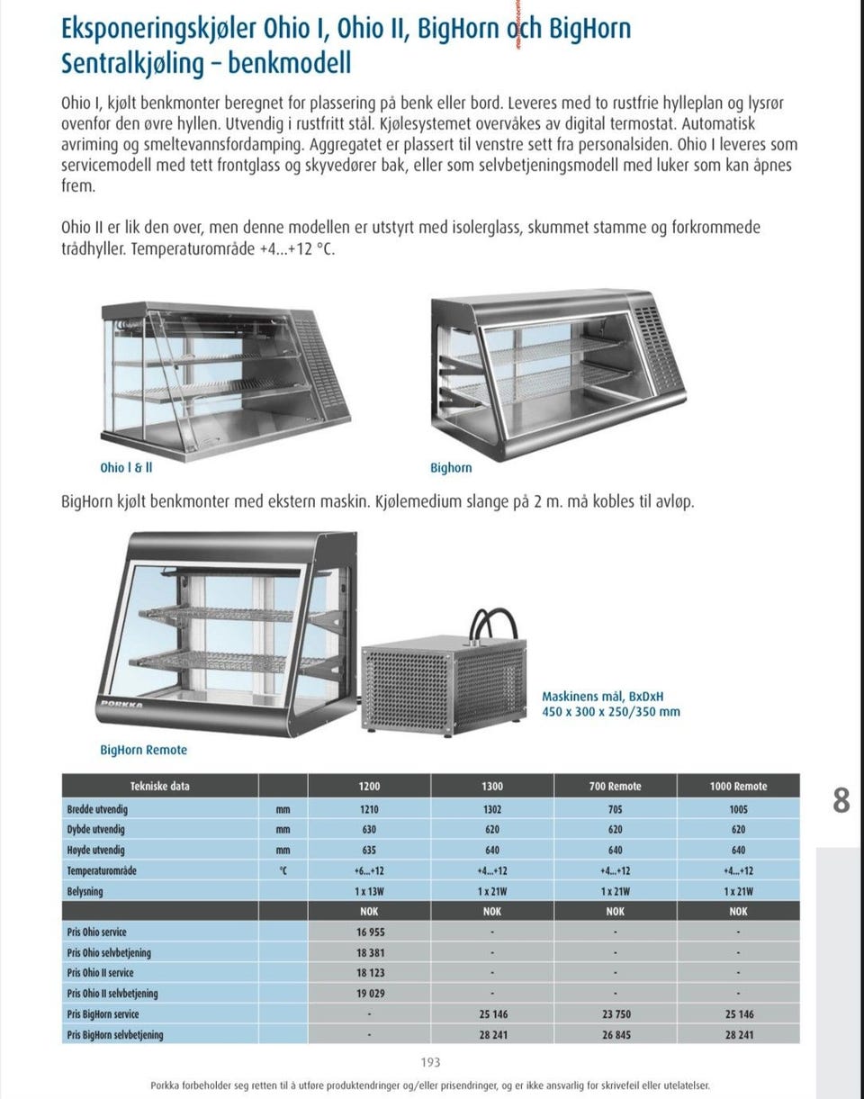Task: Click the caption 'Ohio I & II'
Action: [126, 468]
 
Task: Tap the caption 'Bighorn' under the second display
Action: [451, 468]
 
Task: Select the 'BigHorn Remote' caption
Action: [143, 750]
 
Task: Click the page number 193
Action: [431, 1063]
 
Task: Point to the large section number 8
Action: [841, 800]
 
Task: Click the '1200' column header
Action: [369, 787]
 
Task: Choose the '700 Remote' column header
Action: [615, 787]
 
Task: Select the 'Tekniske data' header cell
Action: [160, 787]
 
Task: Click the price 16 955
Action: [369, 932]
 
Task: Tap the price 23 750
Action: [616, 1014]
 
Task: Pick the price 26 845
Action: [616, 1035]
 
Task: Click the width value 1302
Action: [492, 809]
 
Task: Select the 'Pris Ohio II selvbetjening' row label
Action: [112, 994]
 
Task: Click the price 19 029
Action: [369, 994]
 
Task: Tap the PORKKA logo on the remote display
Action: [121, 704]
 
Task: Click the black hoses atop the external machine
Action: [494, 622]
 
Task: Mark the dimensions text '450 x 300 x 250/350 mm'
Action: [610, 712]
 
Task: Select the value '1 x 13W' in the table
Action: [369, 891]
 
